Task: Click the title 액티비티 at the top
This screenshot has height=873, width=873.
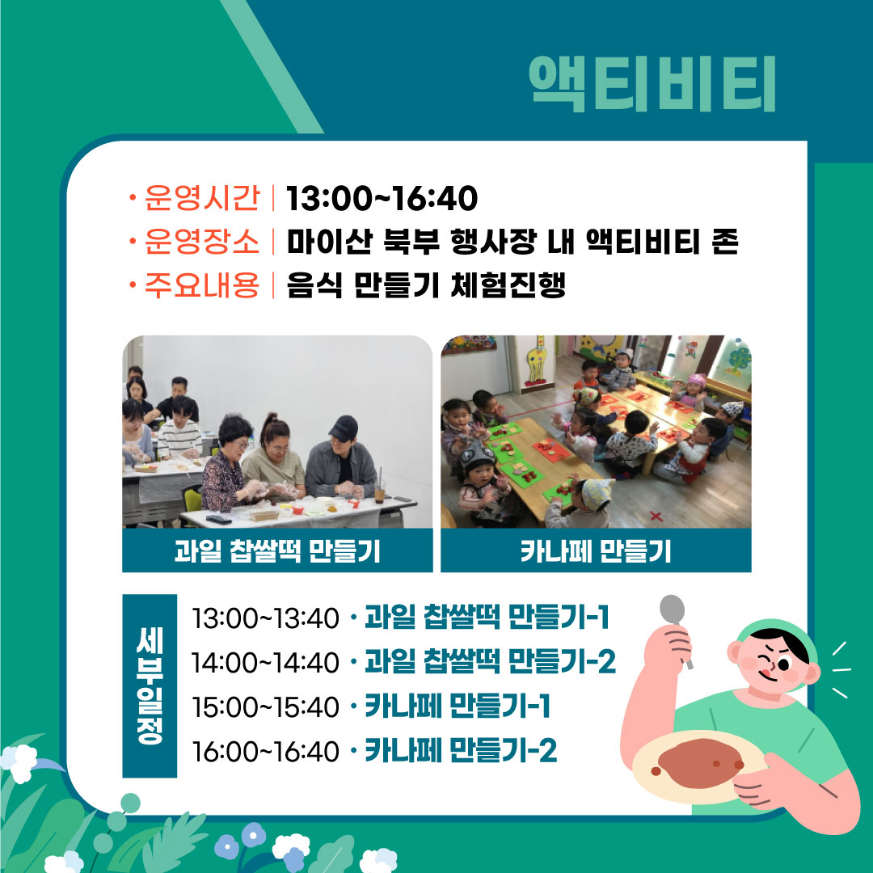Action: tap(652, 84)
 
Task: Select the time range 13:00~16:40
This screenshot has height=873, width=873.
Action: tap(382, 198)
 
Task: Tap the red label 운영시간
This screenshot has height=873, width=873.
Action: tap(202, 198)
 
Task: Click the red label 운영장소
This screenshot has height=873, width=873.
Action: tap(202, 242)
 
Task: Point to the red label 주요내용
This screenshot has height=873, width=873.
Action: tap(202, 285)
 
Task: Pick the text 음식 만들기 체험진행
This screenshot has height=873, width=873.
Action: tap(426, 285)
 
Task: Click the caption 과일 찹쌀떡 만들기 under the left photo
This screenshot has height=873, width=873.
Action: tap(277, 551)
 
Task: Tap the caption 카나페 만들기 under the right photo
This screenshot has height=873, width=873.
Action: tap(596, 551)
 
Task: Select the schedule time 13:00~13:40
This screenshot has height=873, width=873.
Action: tap(265, 618)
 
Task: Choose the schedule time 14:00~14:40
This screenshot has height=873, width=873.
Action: tap(265, 663)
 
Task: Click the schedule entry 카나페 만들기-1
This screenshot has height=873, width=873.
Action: tap(457, 706)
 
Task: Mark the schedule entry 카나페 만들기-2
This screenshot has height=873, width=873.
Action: tap(461, 750)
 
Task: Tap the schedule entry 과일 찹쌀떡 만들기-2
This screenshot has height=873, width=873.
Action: tap(490, 662)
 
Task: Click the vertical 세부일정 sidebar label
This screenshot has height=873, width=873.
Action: tap(150, 686)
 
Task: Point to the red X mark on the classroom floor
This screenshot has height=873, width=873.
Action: tap(656, 516)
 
